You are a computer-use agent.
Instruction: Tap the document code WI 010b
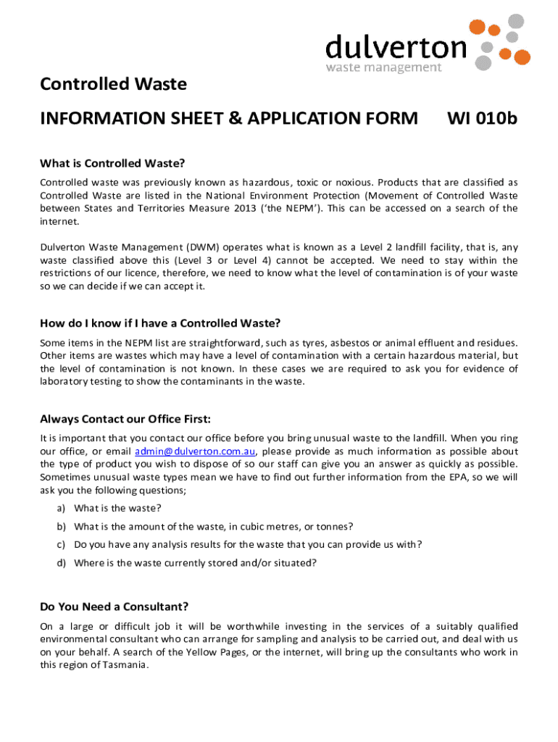[482, 117]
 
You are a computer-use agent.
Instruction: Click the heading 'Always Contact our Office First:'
[125, 419]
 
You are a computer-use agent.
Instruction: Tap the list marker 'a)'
[62, 508]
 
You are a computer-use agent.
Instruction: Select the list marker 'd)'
[62, 562]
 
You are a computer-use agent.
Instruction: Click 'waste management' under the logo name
[383, 67]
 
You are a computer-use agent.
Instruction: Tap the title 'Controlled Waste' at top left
[114, 85]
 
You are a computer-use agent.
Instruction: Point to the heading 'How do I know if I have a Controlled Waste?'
[160, 322]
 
